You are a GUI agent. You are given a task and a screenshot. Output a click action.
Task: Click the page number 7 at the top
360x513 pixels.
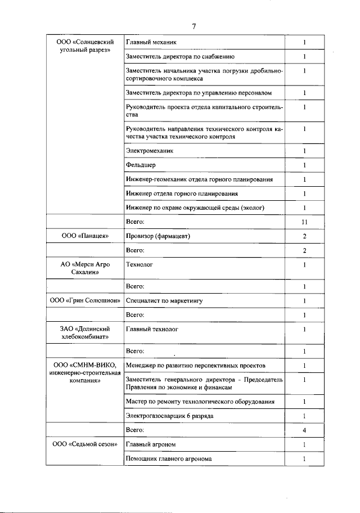[x=193, y=26]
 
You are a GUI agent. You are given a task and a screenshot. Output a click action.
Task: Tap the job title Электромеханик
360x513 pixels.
[x=150, y=151]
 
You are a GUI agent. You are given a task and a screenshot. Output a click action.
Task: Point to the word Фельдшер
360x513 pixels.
[x=141, y=165]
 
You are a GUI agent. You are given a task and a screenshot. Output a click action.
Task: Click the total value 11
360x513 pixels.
[x=304, y=223]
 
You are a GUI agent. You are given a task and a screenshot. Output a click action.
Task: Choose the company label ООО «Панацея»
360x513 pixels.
[x=84, y=236]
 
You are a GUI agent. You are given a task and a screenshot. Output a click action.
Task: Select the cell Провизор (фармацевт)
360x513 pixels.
[x=158, y=236]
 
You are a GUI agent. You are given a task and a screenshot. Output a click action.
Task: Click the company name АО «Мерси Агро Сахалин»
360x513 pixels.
[x=84, y=268]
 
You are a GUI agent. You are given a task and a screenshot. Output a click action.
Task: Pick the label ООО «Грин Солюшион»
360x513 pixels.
[x=85, y=301]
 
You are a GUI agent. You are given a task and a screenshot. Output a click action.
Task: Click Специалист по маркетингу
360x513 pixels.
[x=164, y=301]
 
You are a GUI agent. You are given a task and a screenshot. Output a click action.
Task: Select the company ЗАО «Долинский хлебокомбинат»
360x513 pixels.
[x=84, y=333]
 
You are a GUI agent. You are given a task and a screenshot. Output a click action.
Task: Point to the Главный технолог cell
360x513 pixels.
[x=152, y=329]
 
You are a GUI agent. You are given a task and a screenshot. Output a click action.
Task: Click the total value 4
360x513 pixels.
[x=304, y=430]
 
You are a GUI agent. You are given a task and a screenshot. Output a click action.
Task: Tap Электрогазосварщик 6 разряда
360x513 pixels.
[x=169, y=416]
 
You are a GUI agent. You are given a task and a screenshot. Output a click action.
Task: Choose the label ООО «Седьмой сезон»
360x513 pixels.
[x=84, y=445]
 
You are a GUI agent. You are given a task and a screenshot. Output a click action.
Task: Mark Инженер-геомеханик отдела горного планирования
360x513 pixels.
[x=200, y=179]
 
